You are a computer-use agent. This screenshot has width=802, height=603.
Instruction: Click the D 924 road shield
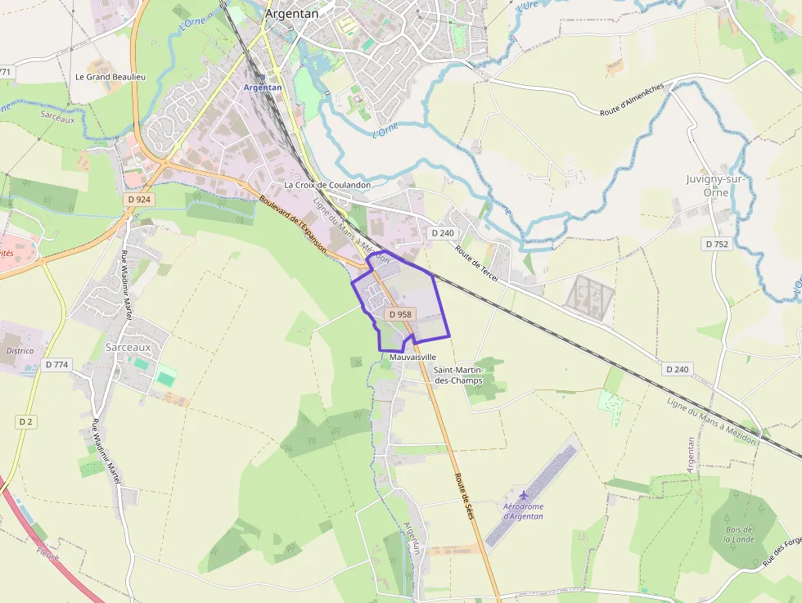tap(140, 200)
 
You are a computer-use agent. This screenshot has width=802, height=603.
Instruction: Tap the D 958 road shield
tap(400, 314)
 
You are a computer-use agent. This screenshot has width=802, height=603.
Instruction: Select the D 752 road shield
tap(717, 244)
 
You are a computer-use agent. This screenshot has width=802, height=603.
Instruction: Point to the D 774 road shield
tap(56, 365)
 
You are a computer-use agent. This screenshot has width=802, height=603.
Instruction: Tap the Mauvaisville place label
tap(412, 358)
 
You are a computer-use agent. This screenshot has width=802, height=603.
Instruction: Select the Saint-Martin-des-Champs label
tap(458, 375)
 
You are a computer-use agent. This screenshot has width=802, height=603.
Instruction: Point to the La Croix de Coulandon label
tap(327, 185)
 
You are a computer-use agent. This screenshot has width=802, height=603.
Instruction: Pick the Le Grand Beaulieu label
tap(110, 77)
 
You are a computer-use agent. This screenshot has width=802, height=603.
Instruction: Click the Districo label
tap(20, 351)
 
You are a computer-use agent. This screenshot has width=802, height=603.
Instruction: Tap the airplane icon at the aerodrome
tap(523, 495)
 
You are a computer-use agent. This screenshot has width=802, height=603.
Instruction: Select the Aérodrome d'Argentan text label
tap(523, 511)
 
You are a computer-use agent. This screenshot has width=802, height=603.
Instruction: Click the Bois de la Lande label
tap(739, 534)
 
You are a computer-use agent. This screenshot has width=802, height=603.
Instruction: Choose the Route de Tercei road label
tap(477, 265)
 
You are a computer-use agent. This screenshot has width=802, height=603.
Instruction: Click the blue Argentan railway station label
tap(263, 88)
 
